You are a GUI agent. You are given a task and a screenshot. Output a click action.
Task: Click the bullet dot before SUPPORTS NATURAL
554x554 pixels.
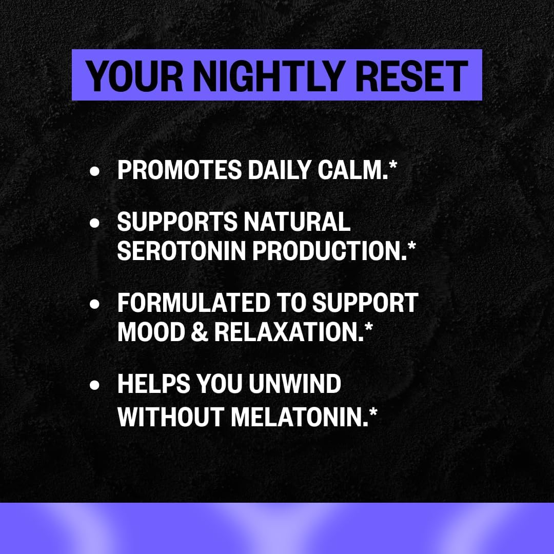[x=94, y=223]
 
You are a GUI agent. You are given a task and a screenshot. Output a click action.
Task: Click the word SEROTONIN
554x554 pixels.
[x=181, y=251]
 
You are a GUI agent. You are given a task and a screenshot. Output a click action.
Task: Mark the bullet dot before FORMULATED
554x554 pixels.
[x=94, y=304]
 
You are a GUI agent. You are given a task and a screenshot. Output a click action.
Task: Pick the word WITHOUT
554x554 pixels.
[x=171, y=417]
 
